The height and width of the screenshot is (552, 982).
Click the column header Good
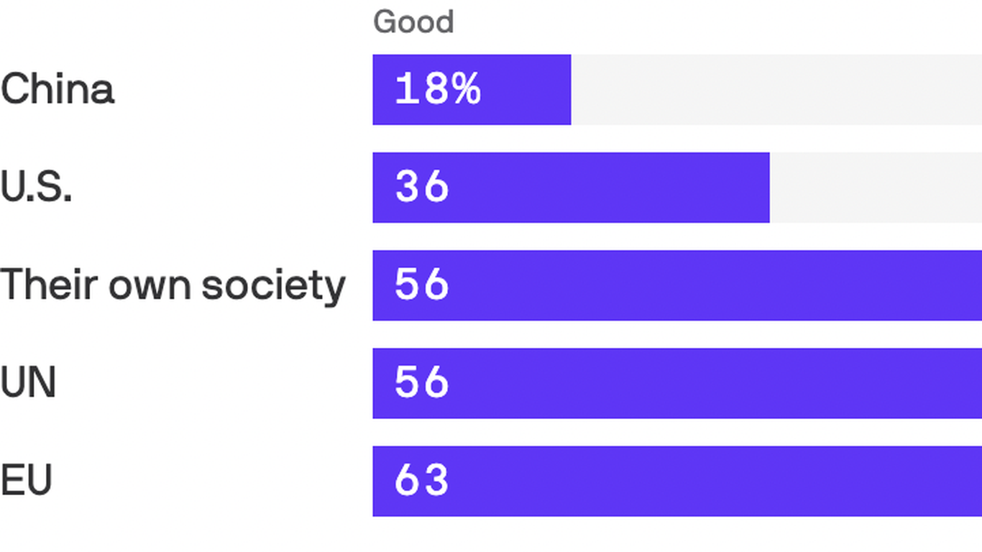point(413,22)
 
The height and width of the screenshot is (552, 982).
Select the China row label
point(58,90)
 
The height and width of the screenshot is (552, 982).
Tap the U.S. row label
point(36,188)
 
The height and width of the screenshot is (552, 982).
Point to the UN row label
point(28,382)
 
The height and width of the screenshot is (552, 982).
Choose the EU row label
point(27,480)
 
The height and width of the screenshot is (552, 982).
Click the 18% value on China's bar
point(438,90)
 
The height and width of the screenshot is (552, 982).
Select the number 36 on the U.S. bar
point(422,188)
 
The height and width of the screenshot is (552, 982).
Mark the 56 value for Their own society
point(422,285)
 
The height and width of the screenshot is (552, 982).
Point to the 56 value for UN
point(422,382)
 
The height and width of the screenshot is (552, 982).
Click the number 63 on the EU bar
point(422,480)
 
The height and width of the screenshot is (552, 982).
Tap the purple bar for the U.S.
point(611,188)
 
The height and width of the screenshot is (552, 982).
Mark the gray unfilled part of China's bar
point(776,90)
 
